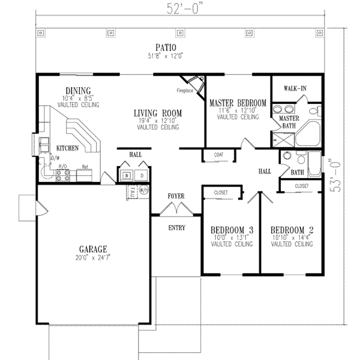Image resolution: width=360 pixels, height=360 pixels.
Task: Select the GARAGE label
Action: tap(92, 248)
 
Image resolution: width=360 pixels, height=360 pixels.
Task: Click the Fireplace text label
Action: tap(185, 91)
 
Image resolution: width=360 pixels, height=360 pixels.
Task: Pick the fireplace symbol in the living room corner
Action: tap(193, 83)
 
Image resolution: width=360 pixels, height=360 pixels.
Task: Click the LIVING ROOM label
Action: tap(158, 113)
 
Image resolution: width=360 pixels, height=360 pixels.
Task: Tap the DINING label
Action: tap(78, 91)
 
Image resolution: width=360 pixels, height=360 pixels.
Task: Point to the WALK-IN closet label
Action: tap(295, 89)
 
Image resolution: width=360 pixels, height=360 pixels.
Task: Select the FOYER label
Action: tap(176, 196)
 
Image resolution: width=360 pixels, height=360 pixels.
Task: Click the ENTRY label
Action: tap(176, 227)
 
